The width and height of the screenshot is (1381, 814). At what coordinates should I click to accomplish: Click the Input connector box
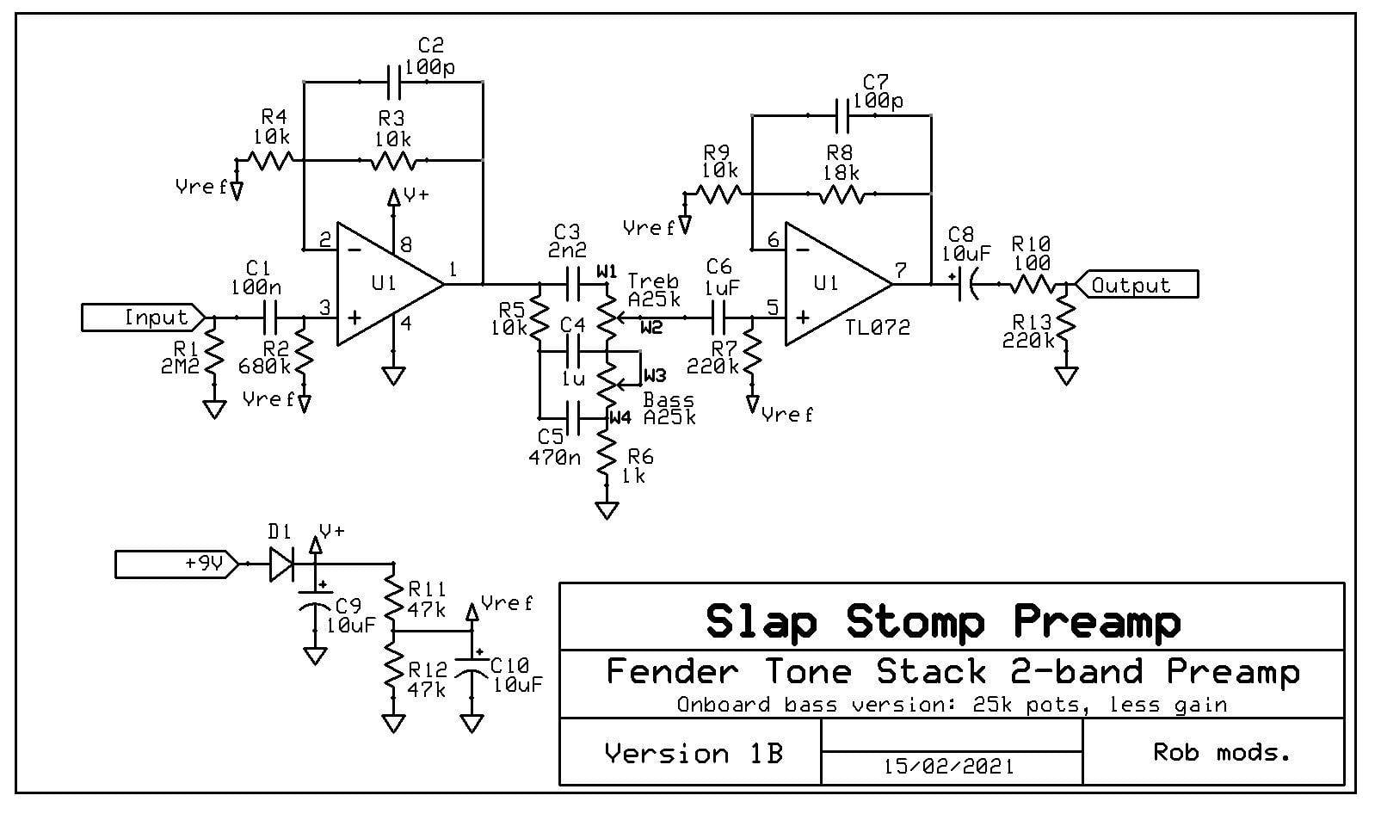143,318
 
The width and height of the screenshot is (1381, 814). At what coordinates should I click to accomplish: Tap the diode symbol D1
283,564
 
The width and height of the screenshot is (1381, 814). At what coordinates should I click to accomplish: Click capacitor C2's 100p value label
429,66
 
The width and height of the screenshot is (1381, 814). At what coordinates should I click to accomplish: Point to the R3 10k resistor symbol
393,161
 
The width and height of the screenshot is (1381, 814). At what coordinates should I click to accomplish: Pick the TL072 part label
878,327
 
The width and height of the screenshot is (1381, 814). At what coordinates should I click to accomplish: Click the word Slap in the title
761,621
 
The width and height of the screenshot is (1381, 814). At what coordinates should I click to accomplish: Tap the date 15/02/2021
949,767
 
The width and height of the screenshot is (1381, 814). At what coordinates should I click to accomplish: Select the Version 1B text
694,753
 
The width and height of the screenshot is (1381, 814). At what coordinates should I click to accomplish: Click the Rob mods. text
1221,752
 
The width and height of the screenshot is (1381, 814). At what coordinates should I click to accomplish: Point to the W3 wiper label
655,375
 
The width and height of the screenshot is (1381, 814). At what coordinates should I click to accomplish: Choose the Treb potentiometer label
654,281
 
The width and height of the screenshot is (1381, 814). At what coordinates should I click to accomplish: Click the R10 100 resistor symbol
1032,284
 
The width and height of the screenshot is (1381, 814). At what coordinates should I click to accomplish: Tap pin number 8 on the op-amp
405,245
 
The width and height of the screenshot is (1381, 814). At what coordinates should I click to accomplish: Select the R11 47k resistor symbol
392,597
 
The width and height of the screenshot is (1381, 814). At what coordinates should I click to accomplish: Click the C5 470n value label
554,457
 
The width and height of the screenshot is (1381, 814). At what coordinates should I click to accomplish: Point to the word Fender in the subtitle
673,671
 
